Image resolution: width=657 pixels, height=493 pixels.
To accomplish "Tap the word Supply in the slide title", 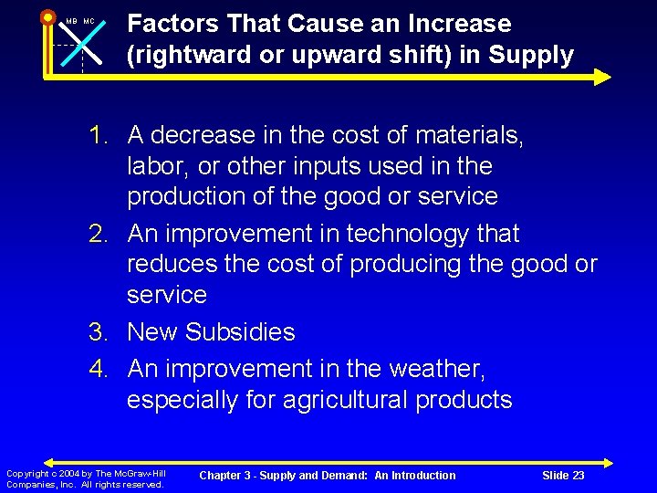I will (x=531, y=56).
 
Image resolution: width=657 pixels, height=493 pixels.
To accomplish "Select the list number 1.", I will (x=99, y=136).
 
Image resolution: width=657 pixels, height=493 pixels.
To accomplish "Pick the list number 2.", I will (x=99, y=235).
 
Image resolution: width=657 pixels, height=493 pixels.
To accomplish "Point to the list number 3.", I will (x=99, y=332).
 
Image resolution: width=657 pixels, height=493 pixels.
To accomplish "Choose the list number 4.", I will (x=99, y=369).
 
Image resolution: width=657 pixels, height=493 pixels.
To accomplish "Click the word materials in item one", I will (x=469, y=136).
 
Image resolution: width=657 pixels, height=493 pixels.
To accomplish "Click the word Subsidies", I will (x=239, y=332).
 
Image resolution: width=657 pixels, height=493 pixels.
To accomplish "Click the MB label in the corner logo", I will (x=71, y=21).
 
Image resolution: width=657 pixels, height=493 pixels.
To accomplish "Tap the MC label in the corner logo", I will (x=89, y=21).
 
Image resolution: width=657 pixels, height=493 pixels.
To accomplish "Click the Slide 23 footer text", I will (x=563, y=476).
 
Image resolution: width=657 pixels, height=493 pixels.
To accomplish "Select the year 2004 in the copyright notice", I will (x=68, y=473).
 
